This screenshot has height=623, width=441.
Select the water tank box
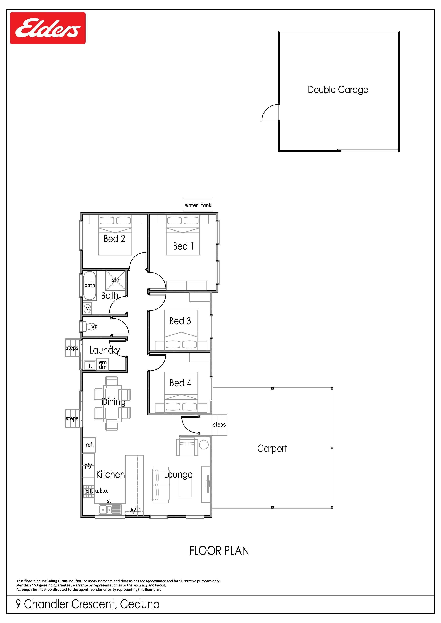198,205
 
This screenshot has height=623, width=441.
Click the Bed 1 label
183,246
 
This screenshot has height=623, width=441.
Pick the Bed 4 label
180,383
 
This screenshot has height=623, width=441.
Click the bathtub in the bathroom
90,285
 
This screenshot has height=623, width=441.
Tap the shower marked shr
116,280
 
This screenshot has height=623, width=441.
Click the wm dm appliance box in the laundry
103,365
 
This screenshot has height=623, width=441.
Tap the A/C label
135,510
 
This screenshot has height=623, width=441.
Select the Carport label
272,449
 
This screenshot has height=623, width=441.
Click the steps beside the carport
219,425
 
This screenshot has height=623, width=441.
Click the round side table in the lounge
204,445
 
